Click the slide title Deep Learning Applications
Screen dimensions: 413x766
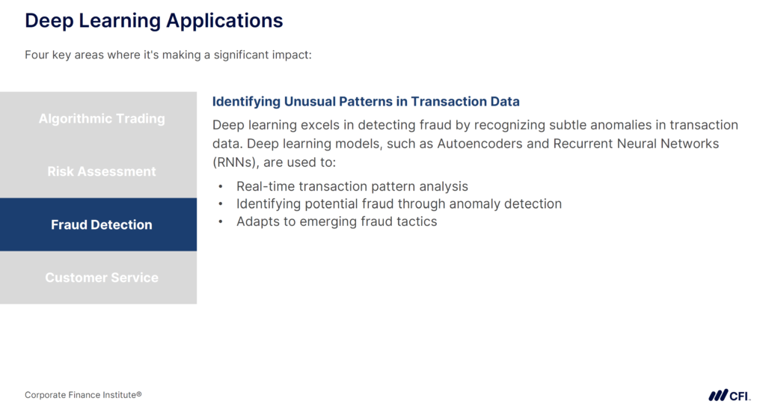pos(153,20)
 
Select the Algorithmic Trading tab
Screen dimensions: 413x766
pos(102,118)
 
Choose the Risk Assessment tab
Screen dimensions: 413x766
pos(102,171)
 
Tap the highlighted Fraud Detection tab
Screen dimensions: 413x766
pos(102,224)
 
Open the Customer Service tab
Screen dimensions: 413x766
pos(102,278)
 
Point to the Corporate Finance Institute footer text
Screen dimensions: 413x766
pos(83,394)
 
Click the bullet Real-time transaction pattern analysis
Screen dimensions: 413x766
pos(352,186)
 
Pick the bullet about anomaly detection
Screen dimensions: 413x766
pos(399,204)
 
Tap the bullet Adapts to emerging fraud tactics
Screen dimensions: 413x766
pos(337,221)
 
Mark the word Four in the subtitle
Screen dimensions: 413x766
pos(37,55)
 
